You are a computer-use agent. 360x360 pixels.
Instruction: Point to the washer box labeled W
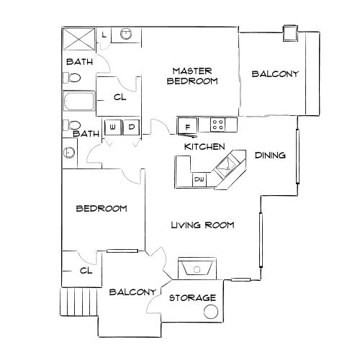(x=113, y=127)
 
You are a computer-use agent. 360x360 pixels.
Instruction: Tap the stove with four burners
(x=219, y=125)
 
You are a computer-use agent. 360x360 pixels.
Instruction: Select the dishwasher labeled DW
(x=199, y=179)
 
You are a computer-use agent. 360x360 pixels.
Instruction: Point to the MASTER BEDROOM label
(x=192, y=76)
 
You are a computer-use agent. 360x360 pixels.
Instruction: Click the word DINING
(x=271, y=155)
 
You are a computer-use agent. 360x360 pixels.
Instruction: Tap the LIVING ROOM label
(x=202, y=225)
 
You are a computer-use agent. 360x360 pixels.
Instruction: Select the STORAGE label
(x=192, y=297)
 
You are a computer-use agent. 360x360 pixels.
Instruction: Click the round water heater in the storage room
(x=212, y=312)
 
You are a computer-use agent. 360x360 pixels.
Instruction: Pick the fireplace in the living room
(x=194, y=268)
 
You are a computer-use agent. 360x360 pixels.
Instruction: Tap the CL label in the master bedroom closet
(x=120, y=99)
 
